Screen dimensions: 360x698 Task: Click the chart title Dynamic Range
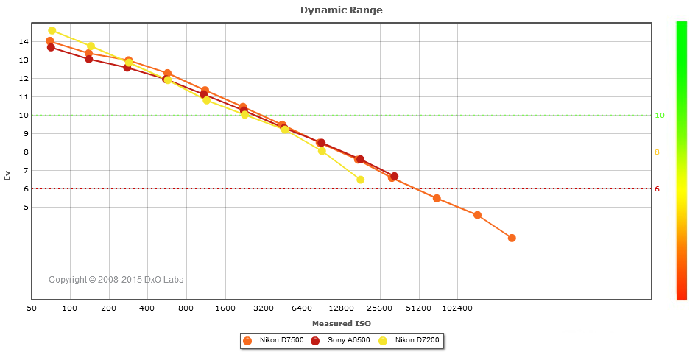(x=342, y=10)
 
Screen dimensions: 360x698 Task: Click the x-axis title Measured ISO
(x=342, y=323)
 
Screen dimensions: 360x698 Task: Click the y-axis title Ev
(x=7, y=175)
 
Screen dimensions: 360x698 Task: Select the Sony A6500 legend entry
(x=342, y=341)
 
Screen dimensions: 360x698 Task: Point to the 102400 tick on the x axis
(x=457, y=308)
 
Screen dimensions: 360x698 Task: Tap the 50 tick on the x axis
(x=32, y=308)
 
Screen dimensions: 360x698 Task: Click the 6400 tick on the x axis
(x=302, y=308)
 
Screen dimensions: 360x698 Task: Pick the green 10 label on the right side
(x=660, y=116)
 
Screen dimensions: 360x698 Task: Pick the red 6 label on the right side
(x=658, y=189)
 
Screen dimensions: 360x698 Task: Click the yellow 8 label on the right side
(x=658, y=152)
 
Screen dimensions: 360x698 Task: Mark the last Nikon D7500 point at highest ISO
(x=512, y=238)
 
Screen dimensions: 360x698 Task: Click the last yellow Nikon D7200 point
(x=361, y=180)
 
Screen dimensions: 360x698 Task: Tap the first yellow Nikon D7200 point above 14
(x=52, y=31)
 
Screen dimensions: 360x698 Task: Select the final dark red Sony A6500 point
(x=395, y=177)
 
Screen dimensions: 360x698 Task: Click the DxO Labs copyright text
(x=116, y=280)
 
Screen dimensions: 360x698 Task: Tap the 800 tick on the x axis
(x=186, y=308)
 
